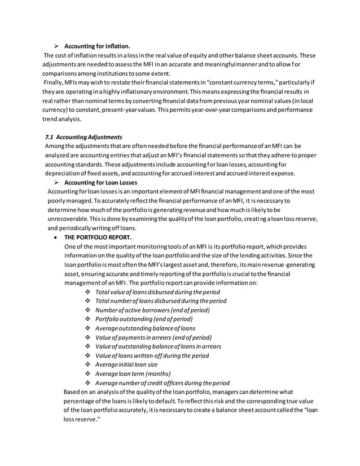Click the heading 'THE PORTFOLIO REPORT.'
98,238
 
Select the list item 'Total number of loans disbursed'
161,301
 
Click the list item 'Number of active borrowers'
152,310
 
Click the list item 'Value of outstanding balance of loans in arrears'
158,346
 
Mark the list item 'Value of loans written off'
152,355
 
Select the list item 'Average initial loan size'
126,364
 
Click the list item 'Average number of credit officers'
162,383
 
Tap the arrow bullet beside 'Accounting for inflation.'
57,46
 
